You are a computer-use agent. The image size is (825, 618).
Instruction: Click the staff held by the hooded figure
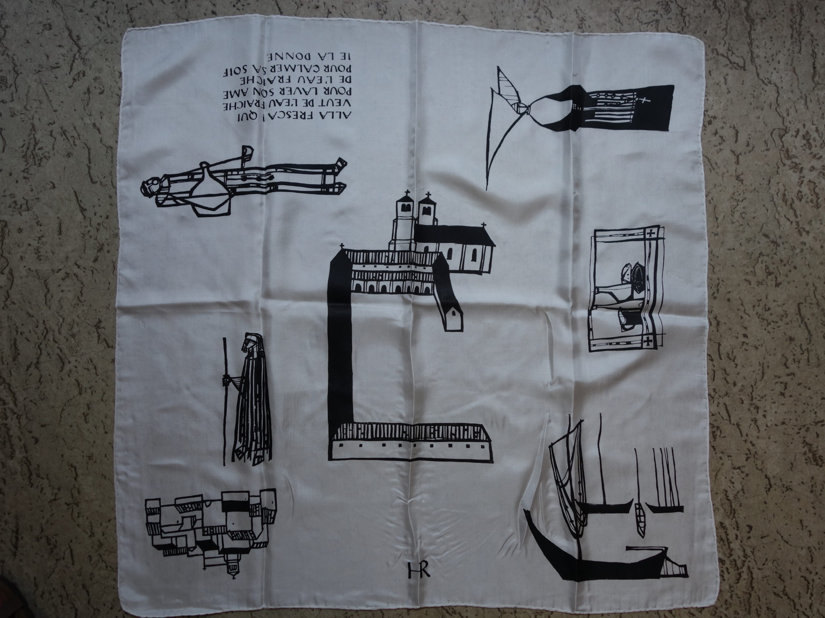pos(225,401)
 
